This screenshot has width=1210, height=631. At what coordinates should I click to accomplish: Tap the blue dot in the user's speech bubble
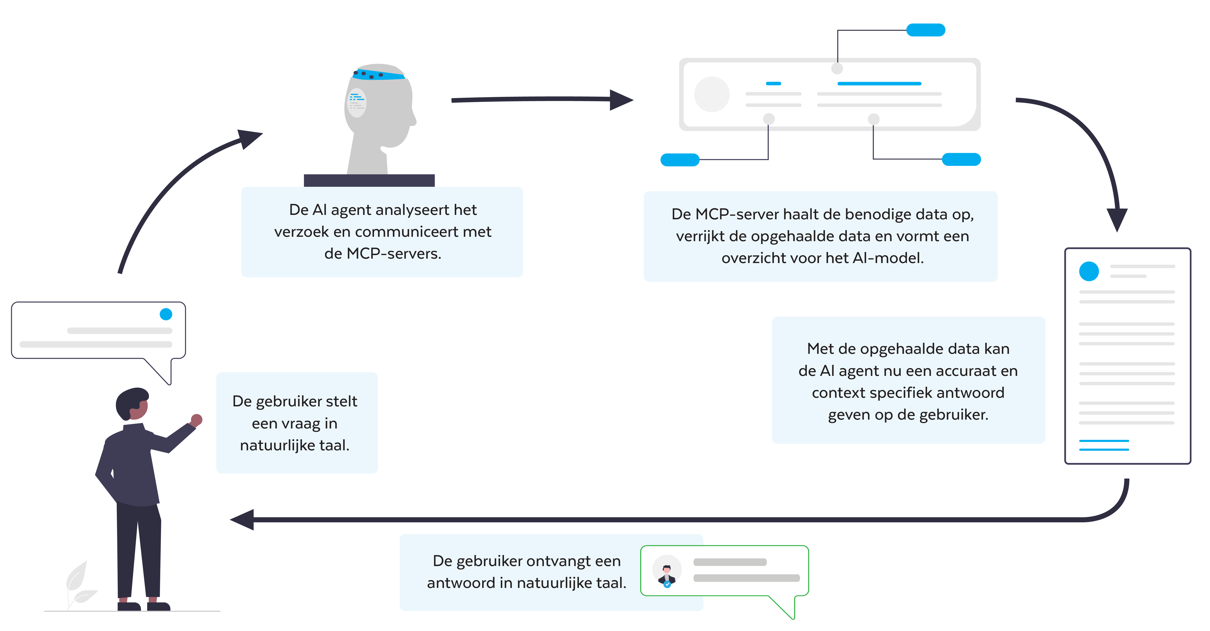tap(166, 314)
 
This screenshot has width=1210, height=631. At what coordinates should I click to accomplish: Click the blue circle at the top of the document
tap(1089, 271)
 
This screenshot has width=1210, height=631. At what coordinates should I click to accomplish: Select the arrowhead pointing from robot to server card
tap(621, 100)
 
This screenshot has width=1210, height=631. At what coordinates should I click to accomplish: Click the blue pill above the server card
tap(925, 30)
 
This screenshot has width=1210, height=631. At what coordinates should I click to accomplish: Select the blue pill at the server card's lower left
tap(680, 160)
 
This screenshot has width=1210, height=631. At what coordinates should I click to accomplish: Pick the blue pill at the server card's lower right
tap(961, 160)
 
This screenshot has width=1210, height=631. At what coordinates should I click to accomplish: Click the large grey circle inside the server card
tap(712, 94)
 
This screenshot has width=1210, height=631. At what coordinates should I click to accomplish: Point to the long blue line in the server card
tap(879, 83)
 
